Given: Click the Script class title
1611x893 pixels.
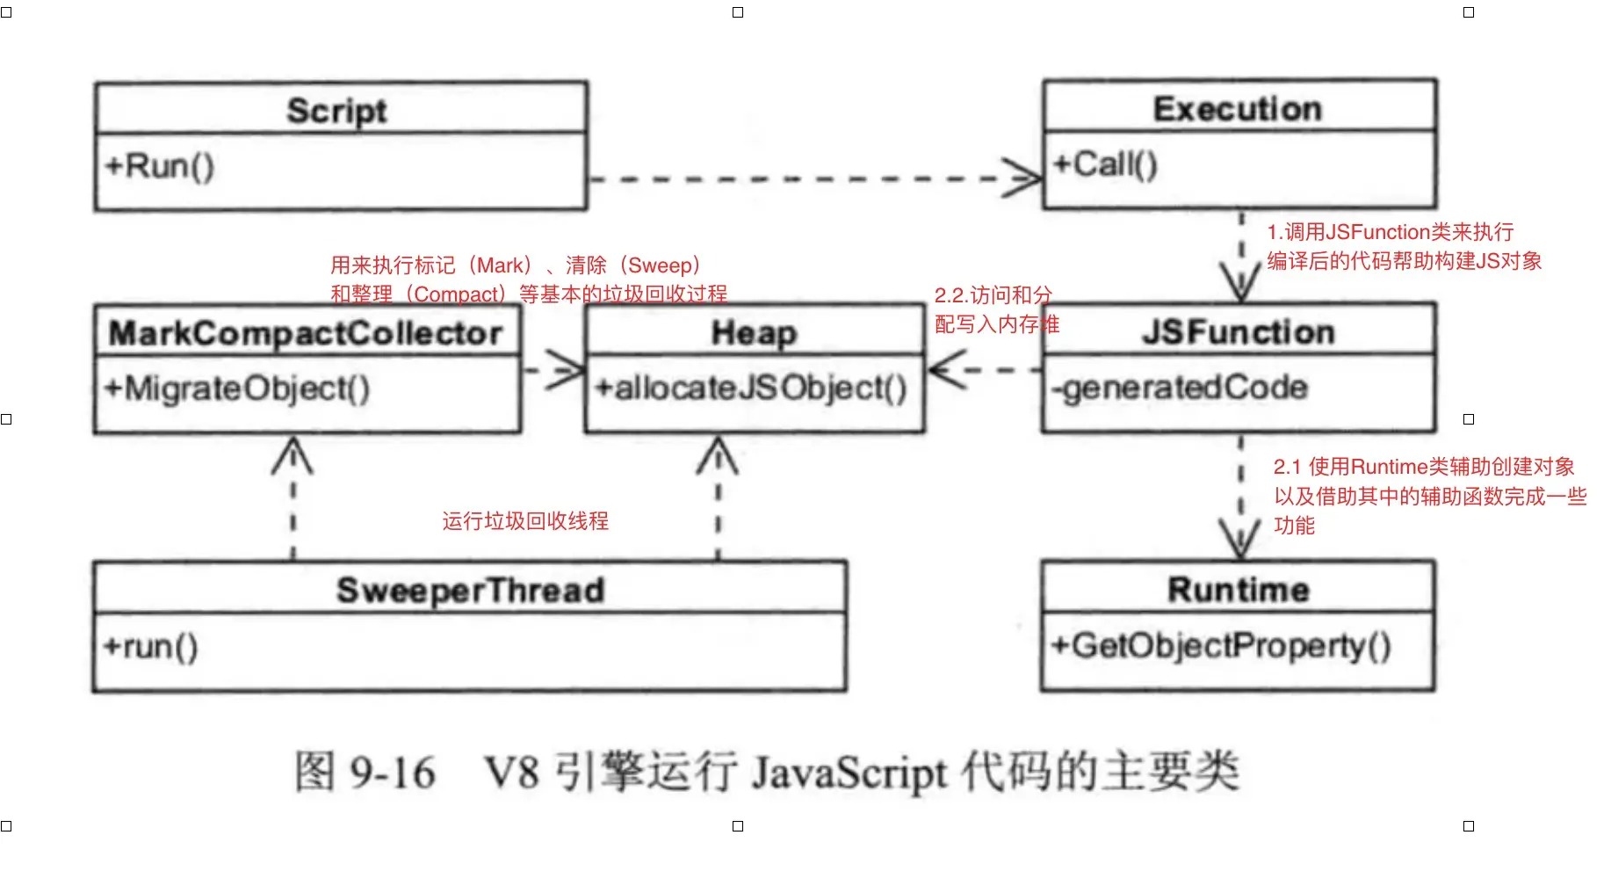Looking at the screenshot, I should (336, 111).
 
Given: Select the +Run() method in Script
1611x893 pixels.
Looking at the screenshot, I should (159, 166).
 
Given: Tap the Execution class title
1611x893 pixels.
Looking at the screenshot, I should (1237, 109).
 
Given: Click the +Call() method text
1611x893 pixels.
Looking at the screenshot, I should (1105, 163).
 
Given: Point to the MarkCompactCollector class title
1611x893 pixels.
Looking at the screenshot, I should (305, 333).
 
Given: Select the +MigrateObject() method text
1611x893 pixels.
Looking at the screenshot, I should (236, 388).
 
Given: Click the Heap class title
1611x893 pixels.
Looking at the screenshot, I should (754, 333).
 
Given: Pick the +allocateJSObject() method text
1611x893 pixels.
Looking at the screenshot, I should (750, 388).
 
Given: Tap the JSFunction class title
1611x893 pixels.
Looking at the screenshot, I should (1238, 332).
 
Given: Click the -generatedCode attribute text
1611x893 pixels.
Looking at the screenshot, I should (1180, 387).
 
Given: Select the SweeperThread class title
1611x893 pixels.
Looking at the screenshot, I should (470, 590).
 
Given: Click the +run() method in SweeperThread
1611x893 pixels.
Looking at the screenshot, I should (150, 646).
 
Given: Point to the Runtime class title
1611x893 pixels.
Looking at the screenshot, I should (1238, 589).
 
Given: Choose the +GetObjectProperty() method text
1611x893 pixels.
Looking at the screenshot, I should (1221, 645).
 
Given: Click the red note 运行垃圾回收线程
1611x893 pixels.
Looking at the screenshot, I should (524, 521).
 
